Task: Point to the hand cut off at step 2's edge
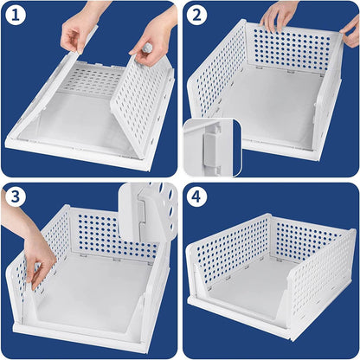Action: click(350, 33)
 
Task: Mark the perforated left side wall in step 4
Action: click(225, 251)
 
